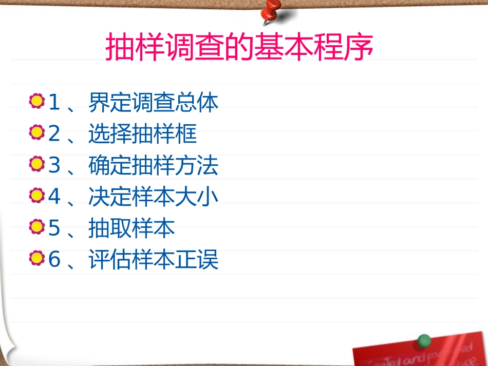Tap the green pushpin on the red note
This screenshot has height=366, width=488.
point(424,341)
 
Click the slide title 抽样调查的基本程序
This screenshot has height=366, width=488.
point(239,48)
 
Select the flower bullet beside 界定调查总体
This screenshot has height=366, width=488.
point(36,101)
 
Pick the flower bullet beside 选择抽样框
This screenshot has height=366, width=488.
point(36,133)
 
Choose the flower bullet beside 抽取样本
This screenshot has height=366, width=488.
point(36,227)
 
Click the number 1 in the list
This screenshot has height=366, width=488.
point(54,103)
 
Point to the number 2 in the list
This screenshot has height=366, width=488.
point(54,134)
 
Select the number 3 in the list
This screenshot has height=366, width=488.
point(54,166)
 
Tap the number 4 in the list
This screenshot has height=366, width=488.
point(54,197)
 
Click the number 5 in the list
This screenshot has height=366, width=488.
point(54,228)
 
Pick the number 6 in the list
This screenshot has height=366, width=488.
point(54,260)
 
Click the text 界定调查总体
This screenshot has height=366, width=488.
point(153,103)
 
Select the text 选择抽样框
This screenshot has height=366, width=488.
point(142,134)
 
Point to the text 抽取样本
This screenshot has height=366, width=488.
point(132,228)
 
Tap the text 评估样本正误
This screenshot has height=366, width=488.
point(153,260)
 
